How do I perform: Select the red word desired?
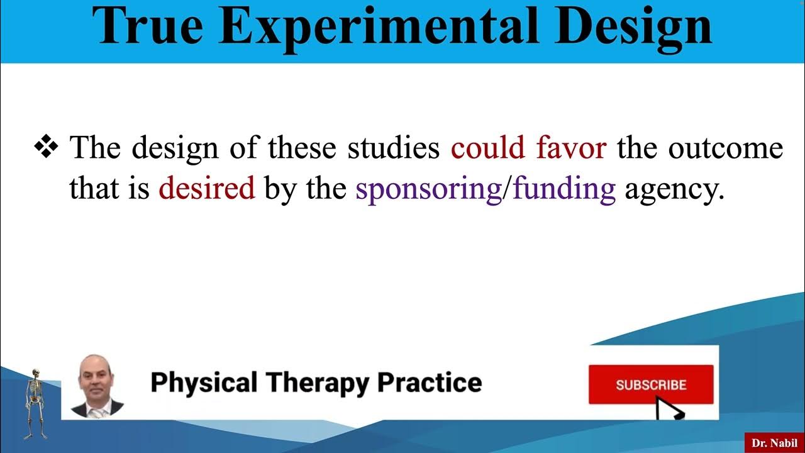(x=206, y=188)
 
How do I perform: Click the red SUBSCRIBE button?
(x=651, y=384)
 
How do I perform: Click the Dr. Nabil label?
(x=774, y=443)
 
